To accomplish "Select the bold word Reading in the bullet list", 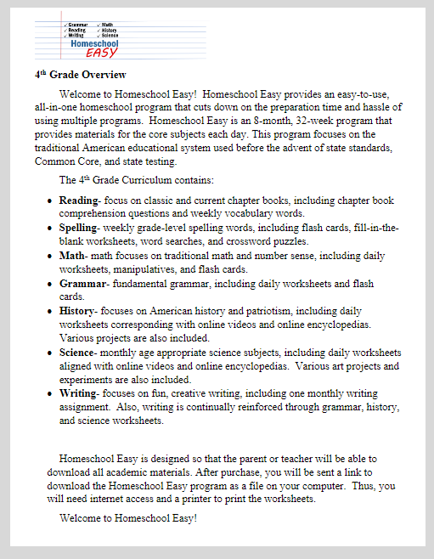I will pos(79,200).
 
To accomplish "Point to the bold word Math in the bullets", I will pos(72,256).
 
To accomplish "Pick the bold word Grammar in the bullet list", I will pos(82,283).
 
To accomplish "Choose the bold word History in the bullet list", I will pos(78,311).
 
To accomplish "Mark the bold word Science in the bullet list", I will pos(79,353).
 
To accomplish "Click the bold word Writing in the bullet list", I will pos(78,393).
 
